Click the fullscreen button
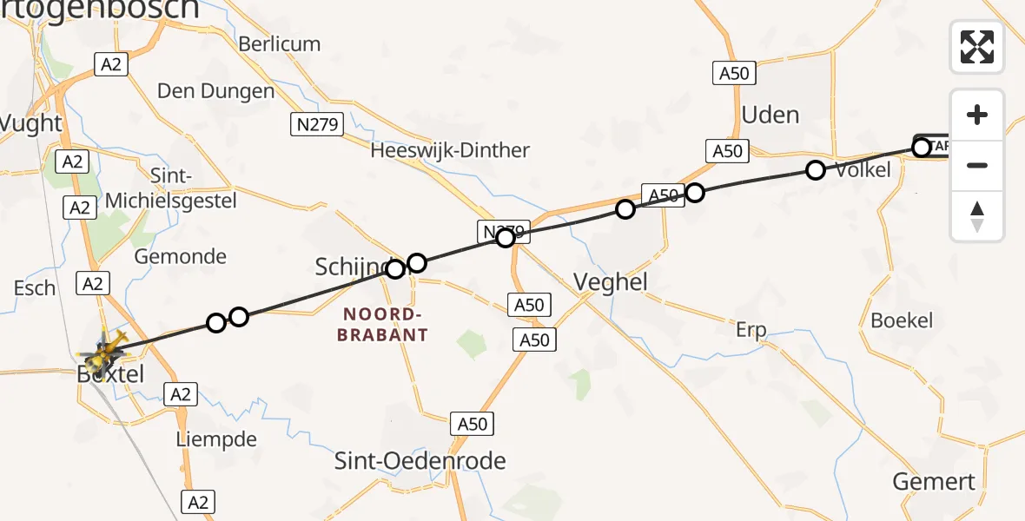(977, 47)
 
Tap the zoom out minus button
(977, 165)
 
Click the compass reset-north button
(977, 216)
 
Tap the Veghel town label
(611, 281)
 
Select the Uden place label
(770, 115)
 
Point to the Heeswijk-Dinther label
(449, 150)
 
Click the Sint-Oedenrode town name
(420, 461)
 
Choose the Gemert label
(934, 481)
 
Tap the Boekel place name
(902, 320)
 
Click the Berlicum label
(279, 43)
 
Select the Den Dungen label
(215, 90)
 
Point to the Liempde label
(215, 439)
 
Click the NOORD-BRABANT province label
(386, 324)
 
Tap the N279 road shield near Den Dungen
(316, 125)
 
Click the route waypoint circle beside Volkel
(815, 170)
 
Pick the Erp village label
(751, 330)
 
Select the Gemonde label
(180, 256)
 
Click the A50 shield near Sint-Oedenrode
(473, 424)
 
